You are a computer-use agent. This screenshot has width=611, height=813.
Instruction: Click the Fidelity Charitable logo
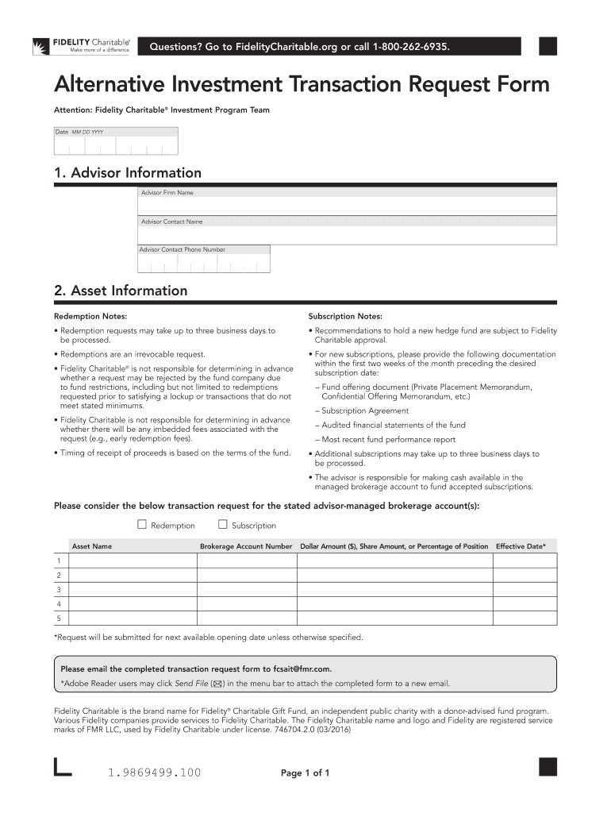tap(81, 45)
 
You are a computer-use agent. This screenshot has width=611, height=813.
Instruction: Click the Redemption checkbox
tap(142, 524)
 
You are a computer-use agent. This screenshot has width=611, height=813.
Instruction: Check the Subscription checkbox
tap(223, 524)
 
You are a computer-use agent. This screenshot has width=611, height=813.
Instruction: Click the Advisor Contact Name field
tap(347, 231)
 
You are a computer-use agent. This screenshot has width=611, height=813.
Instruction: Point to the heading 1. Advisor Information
tap(128, 172)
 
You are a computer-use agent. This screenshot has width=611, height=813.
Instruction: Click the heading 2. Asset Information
tap(121, 291)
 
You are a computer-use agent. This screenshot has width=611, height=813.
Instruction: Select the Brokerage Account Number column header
tap(246, 546)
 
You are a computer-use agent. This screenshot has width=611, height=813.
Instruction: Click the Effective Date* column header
tap(521, 546)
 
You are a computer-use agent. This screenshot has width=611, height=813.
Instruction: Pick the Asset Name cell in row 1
tap(130, 561)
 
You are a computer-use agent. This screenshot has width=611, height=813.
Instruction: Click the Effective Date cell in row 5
tap(525, 618)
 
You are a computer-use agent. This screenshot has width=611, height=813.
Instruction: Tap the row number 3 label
tap(58, 590)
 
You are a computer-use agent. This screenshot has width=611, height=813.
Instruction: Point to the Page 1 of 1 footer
tap(305, 773)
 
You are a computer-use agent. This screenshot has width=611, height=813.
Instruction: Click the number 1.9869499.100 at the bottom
tap(154, 772)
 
